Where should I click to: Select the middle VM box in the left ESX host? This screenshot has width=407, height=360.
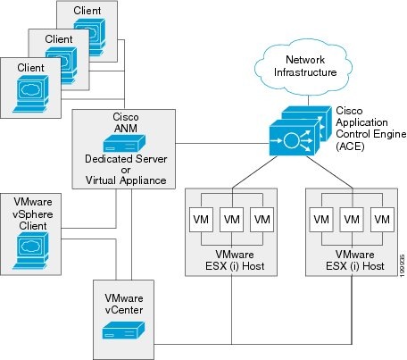click(232, 219)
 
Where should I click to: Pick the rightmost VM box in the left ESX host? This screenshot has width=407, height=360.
click(261, 219)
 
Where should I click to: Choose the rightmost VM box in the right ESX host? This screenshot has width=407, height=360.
click(382, 219)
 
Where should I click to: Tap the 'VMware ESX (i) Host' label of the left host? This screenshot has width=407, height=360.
click(232, 260)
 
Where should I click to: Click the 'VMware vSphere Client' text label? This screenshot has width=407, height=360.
click(29, 211)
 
